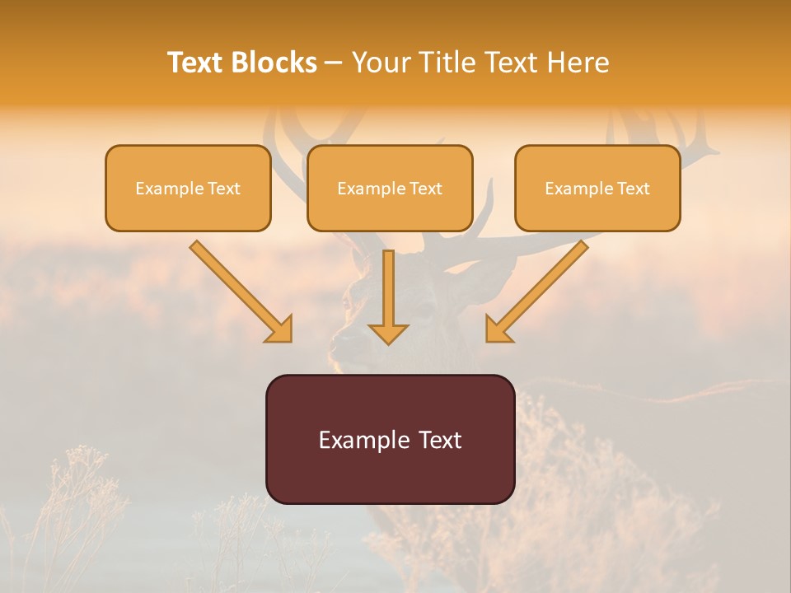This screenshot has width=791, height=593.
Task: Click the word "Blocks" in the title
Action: tap(275, 63)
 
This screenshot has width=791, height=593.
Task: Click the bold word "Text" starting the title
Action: tap(198, 63)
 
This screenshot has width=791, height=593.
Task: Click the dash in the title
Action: tap(334, 63)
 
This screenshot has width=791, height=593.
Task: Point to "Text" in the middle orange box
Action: tap(426, 189)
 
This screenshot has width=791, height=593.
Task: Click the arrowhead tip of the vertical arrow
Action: tap(388, 342)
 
